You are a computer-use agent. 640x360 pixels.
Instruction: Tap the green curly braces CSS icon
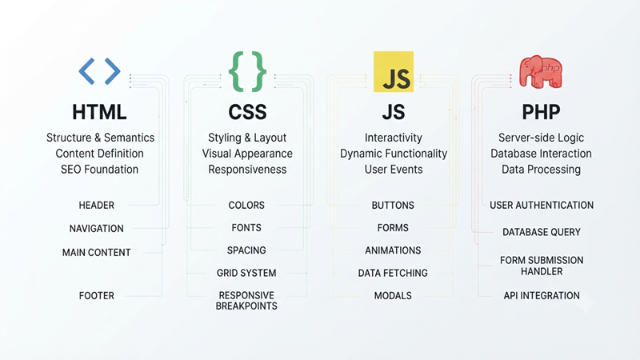247,71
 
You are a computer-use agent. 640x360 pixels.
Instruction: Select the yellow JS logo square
394,71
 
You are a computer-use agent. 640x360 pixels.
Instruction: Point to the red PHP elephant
541,72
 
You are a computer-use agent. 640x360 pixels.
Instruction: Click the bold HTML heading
99,112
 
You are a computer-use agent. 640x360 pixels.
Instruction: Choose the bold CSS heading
247,112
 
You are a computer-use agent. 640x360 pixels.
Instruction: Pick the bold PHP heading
541,112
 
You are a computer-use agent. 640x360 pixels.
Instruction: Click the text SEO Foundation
99,170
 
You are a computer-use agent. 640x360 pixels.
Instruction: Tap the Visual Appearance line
247,154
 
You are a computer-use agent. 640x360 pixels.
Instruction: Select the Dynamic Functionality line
394,154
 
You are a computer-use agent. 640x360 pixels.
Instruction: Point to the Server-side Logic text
541,138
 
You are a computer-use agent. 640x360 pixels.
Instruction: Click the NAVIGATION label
96,229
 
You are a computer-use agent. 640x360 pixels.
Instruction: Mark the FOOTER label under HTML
96,295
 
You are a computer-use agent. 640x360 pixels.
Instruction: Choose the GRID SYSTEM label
246,273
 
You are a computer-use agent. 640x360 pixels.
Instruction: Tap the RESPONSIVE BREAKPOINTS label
246,301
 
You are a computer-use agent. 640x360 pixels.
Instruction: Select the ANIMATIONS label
393,250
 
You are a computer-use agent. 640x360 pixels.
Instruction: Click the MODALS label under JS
393,295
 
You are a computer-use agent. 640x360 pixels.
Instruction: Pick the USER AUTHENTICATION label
542,206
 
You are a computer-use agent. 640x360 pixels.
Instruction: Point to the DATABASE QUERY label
542,232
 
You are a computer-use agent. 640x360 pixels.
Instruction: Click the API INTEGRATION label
542,295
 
